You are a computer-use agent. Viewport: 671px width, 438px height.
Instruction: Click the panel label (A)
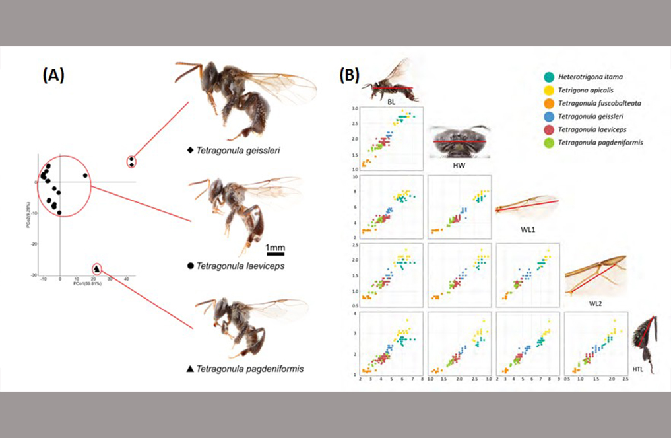(x=53, y=75)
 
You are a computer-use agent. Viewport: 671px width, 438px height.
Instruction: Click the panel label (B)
(x=349, y=75)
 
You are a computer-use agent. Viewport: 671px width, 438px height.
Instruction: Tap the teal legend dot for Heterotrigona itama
(x=548, y=77)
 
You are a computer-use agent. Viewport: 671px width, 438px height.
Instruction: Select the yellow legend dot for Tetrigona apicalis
(x=548, y=91)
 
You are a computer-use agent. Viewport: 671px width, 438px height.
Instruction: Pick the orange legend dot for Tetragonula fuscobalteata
(x=548, y=104)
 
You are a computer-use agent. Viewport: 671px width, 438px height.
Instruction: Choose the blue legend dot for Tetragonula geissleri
(x=548, y=117)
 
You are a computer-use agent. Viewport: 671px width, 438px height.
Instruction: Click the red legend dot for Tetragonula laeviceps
(x=548, y=130)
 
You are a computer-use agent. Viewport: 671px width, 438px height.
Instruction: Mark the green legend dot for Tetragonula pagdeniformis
(x=548, y=143)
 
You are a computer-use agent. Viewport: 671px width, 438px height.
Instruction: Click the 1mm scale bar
(x=275, y=253)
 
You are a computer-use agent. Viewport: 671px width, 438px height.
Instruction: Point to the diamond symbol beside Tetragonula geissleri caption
(x=190, y=151)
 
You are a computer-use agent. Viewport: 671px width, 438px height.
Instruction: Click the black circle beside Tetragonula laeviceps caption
(x=190, y=266)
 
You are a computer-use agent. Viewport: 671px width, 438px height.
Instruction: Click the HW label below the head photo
(x=459, y=164)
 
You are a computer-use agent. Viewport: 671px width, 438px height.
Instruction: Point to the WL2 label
(x=594, y=303)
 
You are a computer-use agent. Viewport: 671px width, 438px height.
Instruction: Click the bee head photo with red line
(x=459, y=141)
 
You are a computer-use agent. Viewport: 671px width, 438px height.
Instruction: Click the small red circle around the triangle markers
(x=97, y=268)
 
